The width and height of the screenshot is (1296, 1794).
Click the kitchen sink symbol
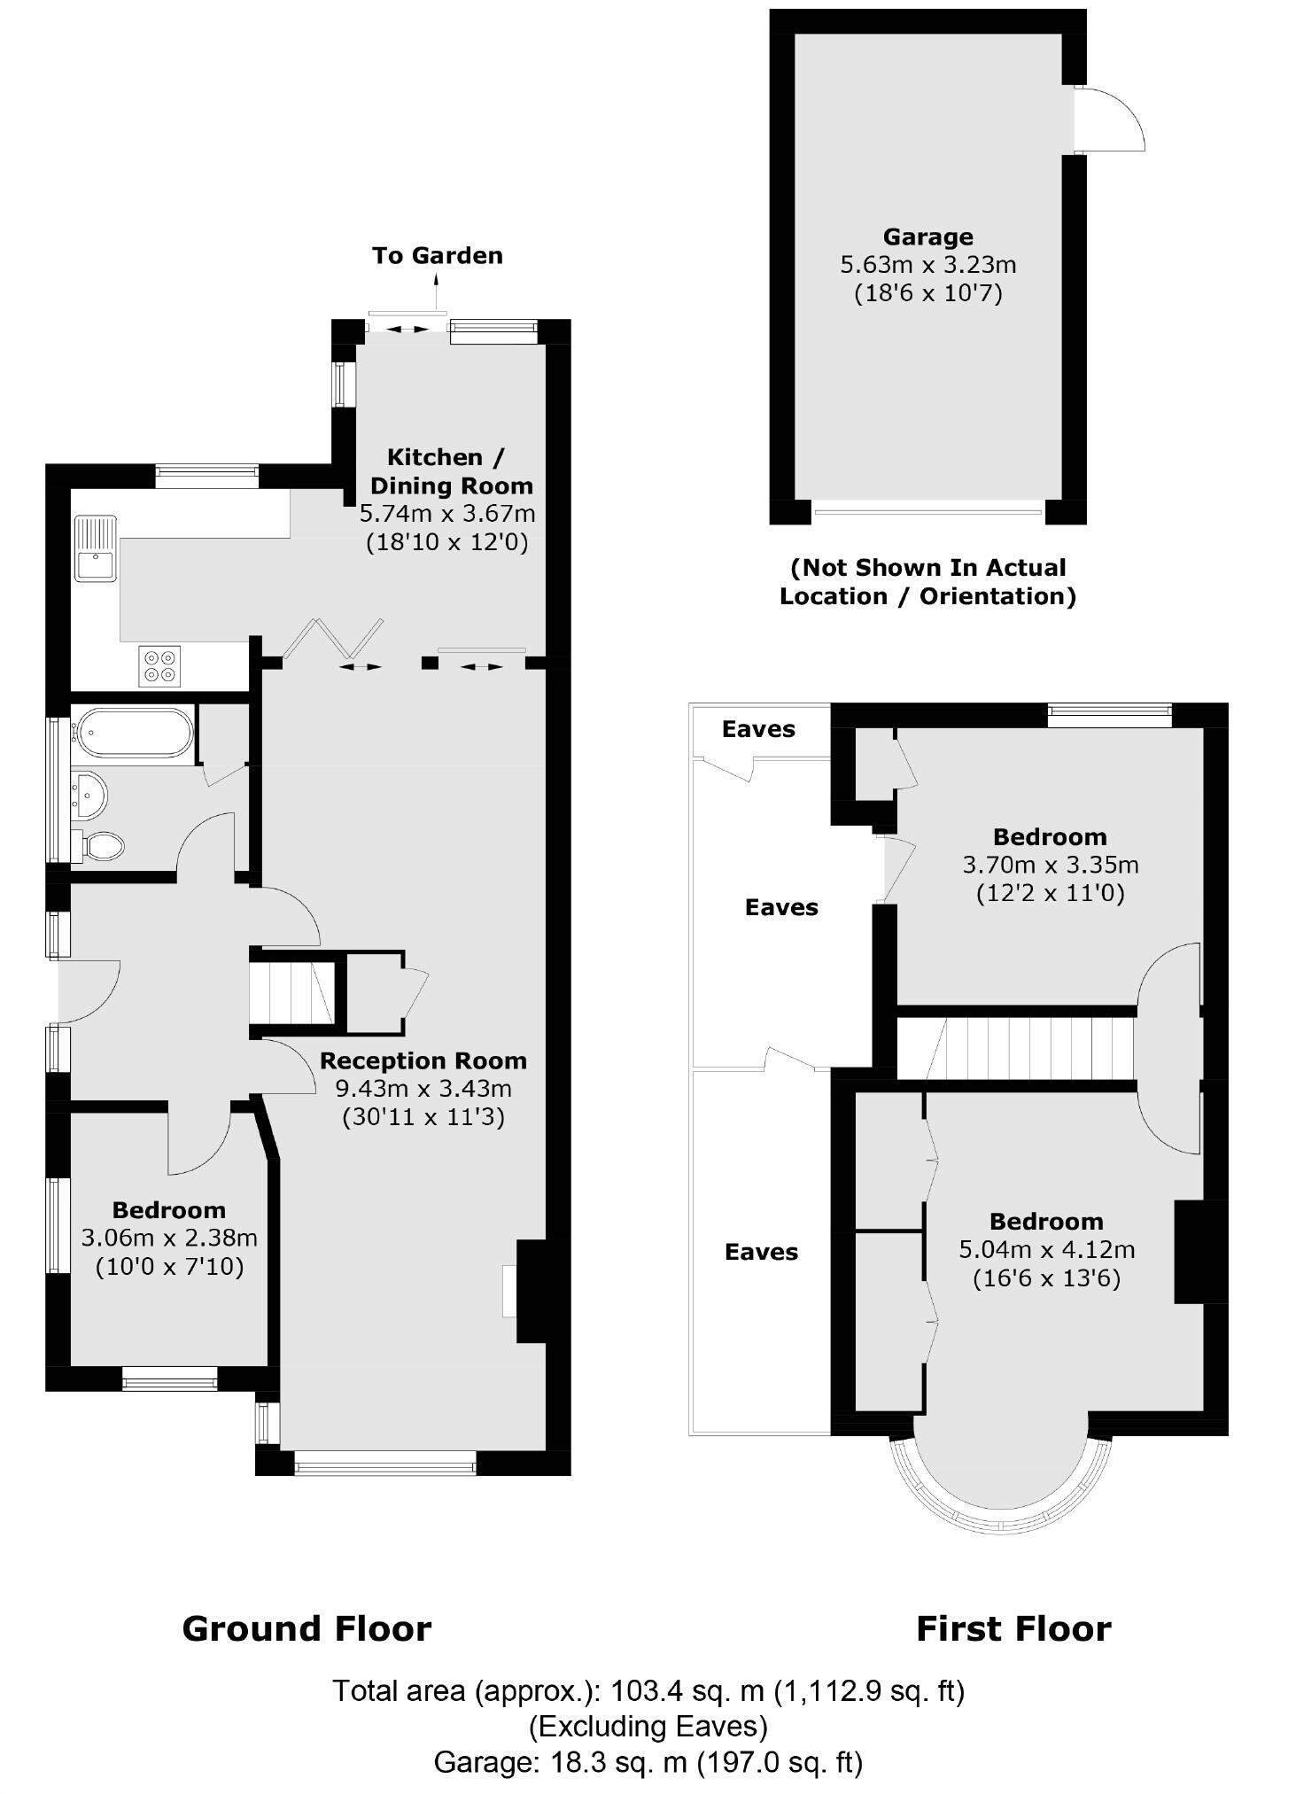tap(95, 549)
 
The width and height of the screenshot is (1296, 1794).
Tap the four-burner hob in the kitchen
tap(159, 665)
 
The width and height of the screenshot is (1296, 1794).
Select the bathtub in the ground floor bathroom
tap(133, 732)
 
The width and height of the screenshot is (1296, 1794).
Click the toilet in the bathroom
tap(102, 845)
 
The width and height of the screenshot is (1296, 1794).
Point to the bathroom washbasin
tap(89, 794)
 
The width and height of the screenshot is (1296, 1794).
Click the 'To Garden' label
tap(437, 255)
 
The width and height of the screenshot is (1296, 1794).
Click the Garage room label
tap(927, 237)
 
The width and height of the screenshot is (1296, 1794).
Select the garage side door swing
tap(1112, 120)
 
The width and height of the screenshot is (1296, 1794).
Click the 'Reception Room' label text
tap(423, 1060)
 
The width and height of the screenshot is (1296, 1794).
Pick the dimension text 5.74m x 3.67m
tap(447, 513)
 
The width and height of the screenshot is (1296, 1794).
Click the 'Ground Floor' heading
tap(307, 1629)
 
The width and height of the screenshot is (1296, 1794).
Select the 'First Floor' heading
tap(1013, 1629)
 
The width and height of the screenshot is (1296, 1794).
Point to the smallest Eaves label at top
tap(758, 729)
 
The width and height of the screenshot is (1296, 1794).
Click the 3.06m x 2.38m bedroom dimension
tap(169, 1238)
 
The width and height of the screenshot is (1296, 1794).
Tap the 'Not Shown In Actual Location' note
tap(927, 581)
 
